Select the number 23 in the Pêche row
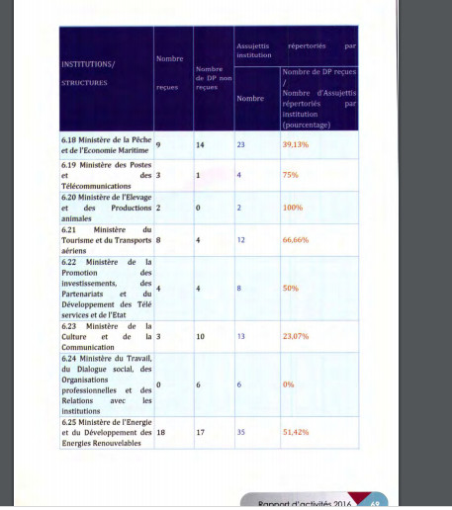pos(240,144)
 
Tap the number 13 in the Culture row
pos(240,336)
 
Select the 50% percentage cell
pos(290,288)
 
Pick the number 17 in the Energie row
pos(201,433)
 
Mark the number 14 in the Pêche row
pos(201,144)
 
